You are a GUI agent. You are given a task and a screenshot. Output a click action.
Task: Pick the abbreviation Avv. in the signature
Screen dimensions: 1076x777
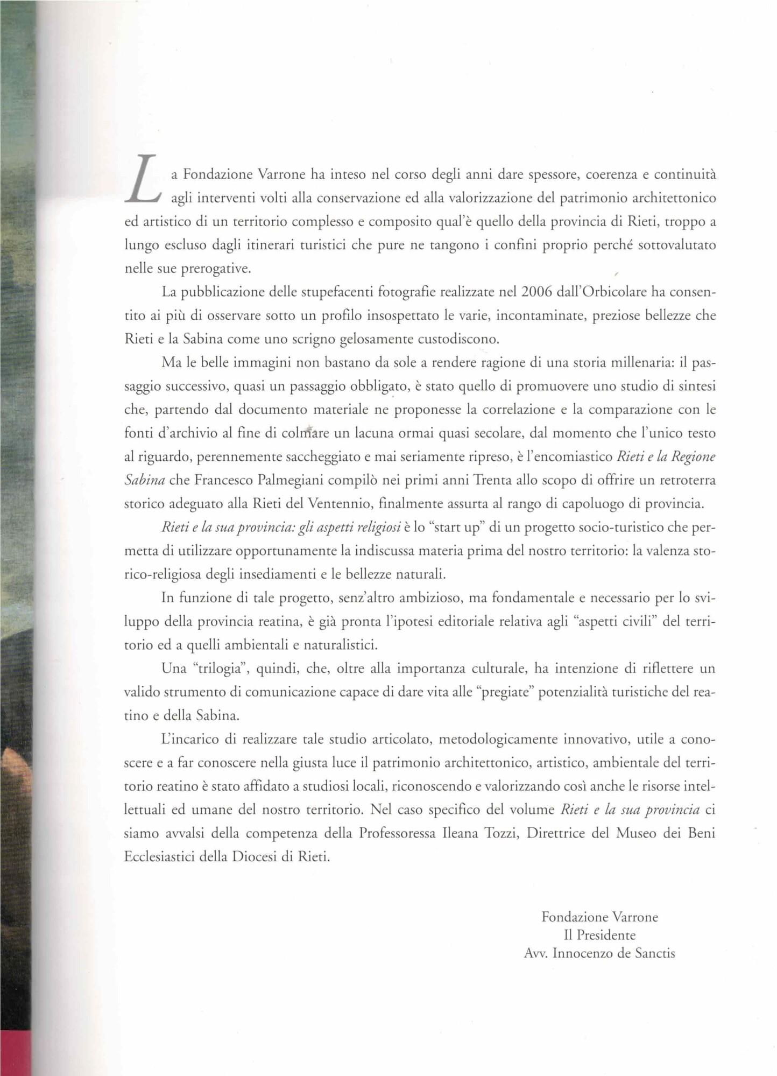[535, 953]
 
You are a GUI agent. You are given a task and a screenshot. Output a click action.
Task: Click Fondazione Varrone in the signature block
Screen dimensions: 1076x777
[599, 917]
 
